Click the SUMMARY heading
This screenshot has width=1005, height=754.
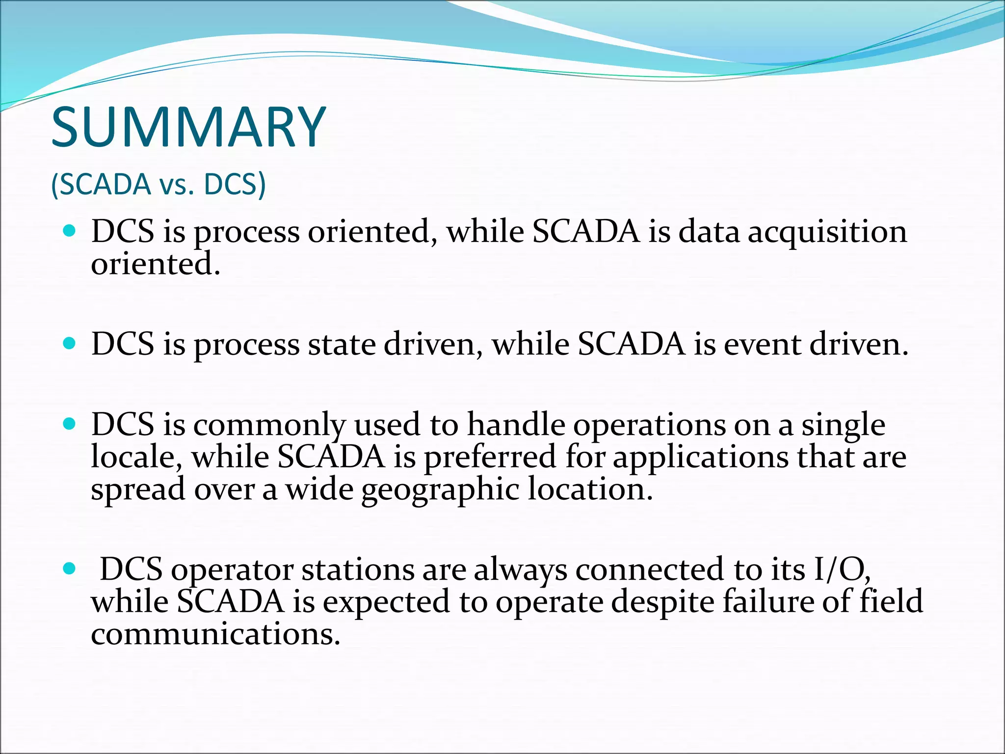[x=188, y=128]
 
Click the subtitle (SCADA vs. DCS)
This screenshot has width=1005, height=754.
[x=158, y=185]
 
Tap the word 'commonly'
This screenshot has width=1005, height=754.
[x=269, y=425]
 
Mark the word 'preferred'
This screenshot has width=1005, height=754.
[x=490, y=458]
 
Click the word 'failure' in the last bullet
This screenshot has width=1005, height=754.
[x=767, y=602]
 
